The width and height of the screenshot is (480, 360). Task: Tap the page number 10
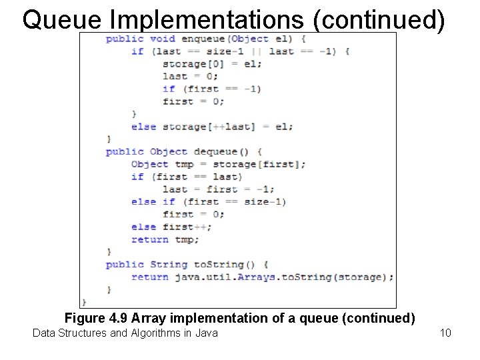(x=446, y=332)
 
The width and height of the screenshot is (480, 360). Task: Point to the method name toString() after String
(x=223, y=264)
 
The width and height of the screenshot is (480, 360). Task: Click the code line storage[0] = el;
(x=212, y=64)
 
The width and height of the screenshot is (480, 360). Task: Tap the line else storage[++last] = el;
(x=212, y=127)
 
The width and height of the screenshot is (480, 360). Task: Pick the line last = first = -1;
(x=218, y=189)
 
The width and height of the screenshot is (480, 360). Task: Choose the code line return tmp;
(x=165, y=239)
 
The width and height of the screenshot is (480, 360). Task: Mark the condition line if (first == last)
(x=186, y=177)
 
